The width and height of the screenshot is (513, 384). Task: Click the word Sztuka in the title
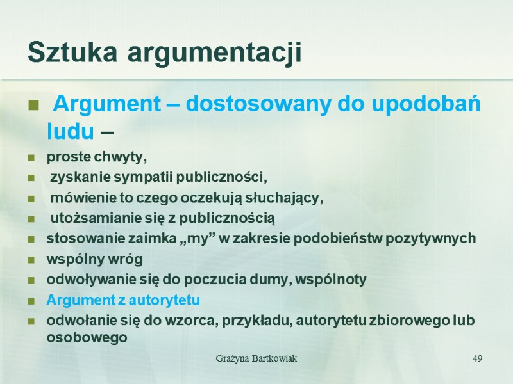click(73, 52)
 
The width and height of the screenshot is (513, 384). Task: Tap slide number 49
click(477, 358)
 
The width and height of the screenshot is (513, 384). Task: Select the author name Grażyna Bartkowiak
click(255, 358)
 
